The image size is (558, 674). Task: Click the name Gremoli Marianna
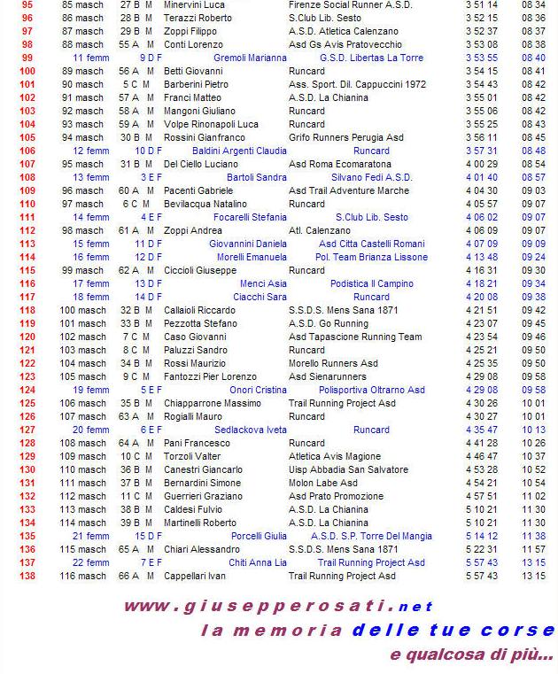click(251, 58)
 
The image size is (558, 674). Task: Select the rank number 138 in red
click(27, 576)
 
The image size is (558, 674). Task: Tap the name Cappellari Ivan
click(195, 576)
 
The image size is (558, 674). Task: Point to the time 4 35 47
click(482, 430)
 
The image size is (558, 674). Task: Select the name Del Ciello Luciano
click(201, 164)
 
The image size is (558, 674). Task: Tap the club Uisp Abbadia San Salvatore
click(350, 469)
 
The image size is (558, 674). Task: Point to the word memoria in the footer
click(298, 631)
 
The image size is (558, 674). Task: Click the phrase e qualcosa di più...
click(471, 655)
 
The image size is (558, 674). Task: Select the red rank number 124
click(27, 390)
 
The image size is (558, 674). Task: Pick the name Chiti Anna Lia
click(258, 562)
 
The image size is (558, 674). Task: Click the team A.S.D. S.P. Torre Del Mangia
click(371, 536)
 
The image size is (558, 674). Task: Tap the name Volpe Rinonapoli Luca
click(211, 124)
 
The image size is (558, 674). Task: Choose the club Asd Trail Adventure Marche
click(349, 190)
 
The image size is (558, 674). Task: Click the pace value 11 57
click(533, 549)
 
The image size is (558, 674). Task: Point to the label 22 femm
click(90, 562)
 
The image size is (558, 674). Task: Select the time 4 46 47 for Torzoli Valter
click(482, 456)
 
